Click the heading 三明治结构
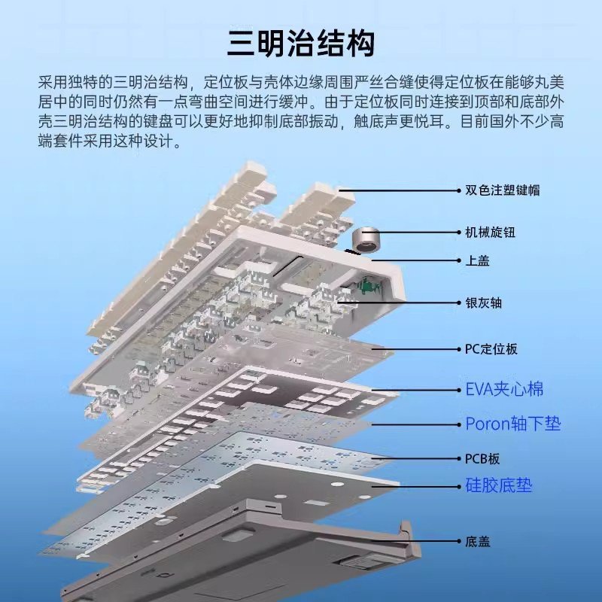(301, 44)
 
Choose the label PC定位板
(491, 349)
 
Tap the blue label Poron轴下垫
(512, 424)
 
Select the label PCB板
(482, 458)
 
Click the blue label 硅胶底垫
(498, 485)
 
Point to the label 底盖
(477, 540)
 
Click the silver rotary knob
(369, 240)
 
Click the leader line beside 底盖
(421, 540)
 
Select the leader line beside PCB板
(422, 458)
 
